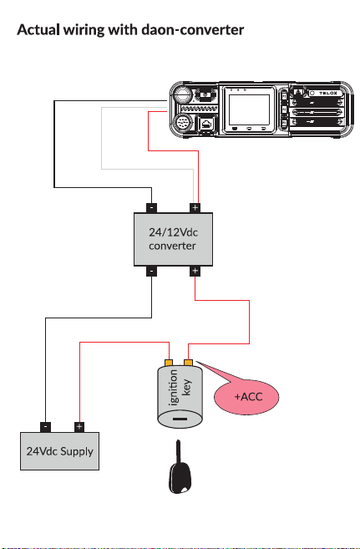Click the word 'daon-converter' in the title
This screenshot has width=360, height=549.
[192, 30]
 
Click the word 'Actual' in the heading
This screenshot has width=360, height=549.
[38, 29]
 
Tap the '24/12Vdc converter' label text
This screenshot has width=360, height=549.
[173, 239]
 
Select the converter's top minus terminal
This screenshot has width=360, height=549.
[151, 207]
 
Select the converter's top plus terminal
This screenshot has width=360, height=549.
[195, 207]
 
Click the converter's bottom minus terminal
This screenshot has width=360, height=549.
[151, 271]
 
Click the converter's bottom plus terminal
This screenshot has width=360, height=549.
[195, 271]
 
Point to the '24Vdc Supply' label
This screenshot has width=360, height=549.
[60, 451]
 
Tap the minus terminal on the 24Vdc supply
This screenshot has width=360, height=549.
[45, 427]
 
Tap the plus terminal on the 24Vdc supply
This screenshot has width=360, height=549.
[79, 427]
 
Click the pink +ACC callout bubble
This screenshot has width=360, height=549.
[246, 397]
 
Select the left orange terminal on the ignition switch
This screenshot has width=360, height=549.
[169, 363]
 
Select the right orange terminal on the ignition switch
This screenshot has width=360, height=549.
[189, 363]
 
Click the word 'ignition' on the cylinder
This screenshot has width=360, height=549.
[173, 389]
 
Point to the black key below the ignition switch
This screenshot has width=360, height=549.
[180, 467]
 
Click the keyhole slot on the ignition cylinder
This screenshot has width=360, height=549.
[180, 419]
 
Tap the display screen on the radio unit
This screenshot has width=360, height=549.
[249, 109]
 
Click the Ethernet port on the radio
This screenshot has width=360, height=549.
[207, 124]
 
